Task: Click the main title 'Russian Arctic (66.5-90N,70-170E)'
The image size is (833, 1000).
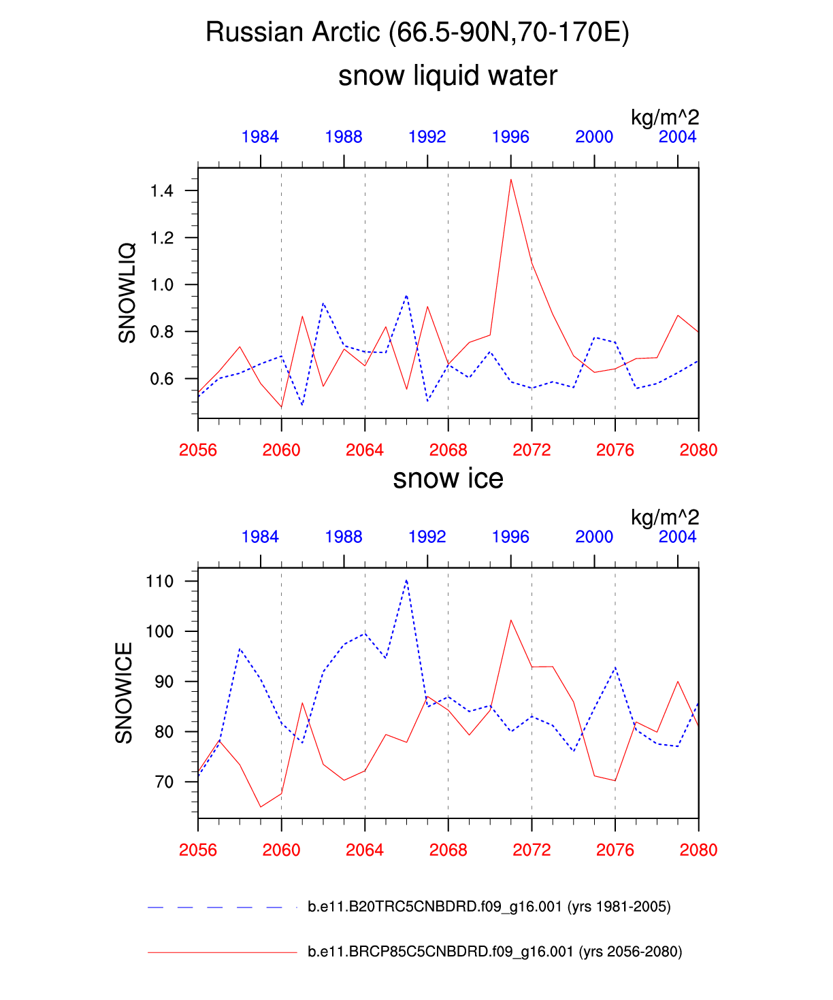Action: click(417, 32)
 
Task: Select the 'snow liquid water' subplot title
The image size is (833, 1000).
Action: click(448, 76)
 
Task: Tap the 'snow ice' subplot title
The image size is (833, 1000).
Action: click(448, 479)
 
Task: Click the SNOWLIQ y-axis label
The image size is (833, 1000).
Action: click(127, 293)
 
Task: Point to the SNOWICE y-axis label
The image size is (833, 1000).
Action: click(124, 693)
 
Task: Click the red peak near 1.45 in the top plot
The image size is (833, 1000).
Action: click(511, 180)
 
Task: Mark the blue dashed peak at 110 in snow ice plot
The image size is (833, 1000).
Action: click(406, 580)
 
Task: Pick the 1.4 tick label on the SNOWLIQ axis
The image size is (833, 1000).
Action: click(162, 190)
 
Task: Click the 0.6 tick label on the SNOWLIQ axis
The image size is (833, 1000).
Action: click(162, 379)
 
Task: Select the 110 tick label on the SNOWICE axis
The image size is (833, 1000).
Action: click(160, 581)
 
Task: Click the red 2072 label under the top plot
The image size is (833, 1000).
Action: click(532, 450)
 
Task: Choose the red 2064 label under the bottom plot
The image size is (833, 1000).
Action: click(365, 850)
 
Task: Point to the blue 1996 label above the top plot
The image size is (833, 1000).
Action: click(510, 137)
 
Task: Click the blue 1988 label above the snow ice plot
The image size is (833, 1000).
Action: click(344, 537)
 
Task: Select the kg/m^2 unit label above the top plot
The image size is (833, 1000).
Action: click(665, 117)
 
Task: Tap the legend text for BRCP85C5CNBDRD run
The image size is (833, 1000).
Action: click(495, 952)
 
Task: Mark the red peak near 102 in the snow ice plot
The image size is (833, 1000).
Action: click(511, 620)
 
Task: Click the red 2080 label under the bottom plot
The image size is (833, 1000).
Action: click(698, 850)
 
